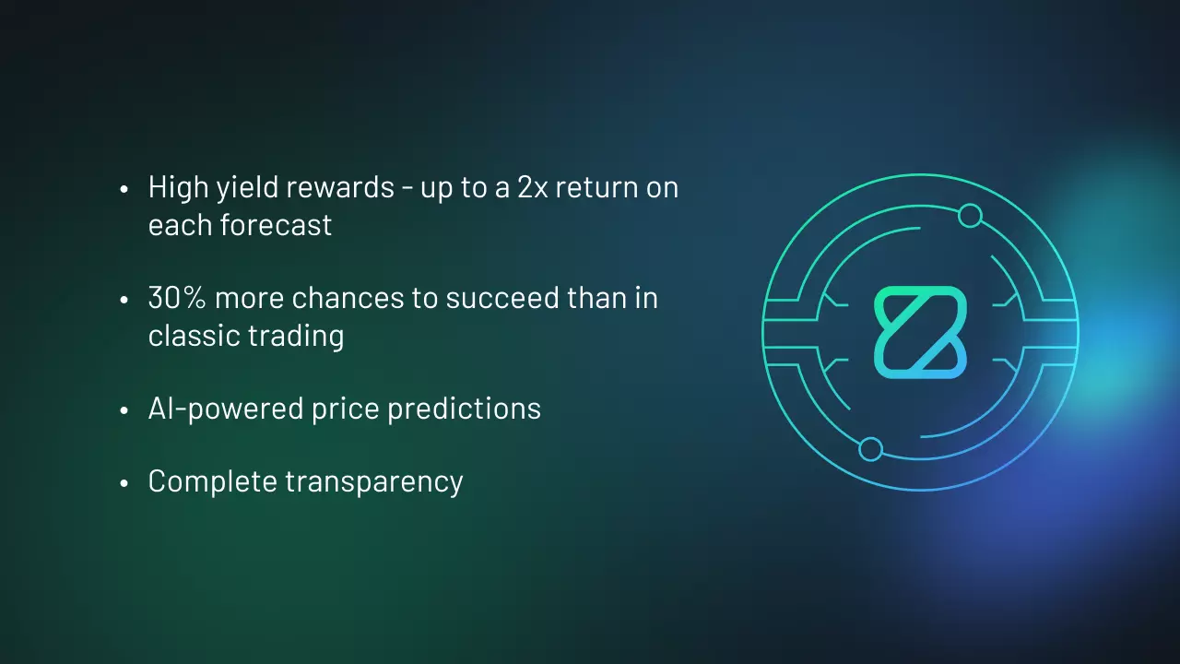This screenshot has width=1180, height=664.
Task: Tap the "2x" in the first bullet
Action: (x=533, y=187)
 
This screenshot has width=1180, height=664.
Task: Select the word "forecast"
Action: (x=276, y=225)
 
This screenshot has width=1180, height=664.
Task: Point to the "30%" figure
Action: (x=177, y=298)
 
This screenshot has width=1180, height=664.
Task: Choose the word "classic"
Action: (x=194, y=335)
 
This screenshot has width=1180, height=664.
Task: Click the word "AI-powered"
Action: (x=226, y=409)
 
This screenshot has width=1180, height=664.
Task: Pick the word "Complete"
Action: (x=213, y=482)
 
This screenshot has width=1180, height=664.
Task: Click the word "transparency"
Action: (x=374, y=482)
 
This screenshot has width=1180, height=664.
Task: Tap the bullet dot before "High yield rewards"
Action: (x=124, y=189)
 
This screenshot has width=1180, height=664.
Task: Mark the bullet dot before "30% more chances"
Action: (x=124, y=300)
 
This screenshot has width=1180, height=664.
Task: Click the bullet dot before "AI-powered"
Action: (x=124, y=410)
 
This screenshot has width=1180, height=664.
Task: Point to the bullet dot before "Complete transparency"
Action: (x=124, y=482)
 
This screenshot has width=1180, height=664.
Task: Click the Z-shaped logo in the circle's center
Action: (x=920, y=333)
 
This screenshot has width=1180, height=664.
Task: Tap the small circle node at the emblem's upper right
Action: (x=970, y=216)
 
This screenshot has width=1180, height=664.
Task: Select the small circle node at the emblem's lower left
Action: (x=871, y=449)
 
